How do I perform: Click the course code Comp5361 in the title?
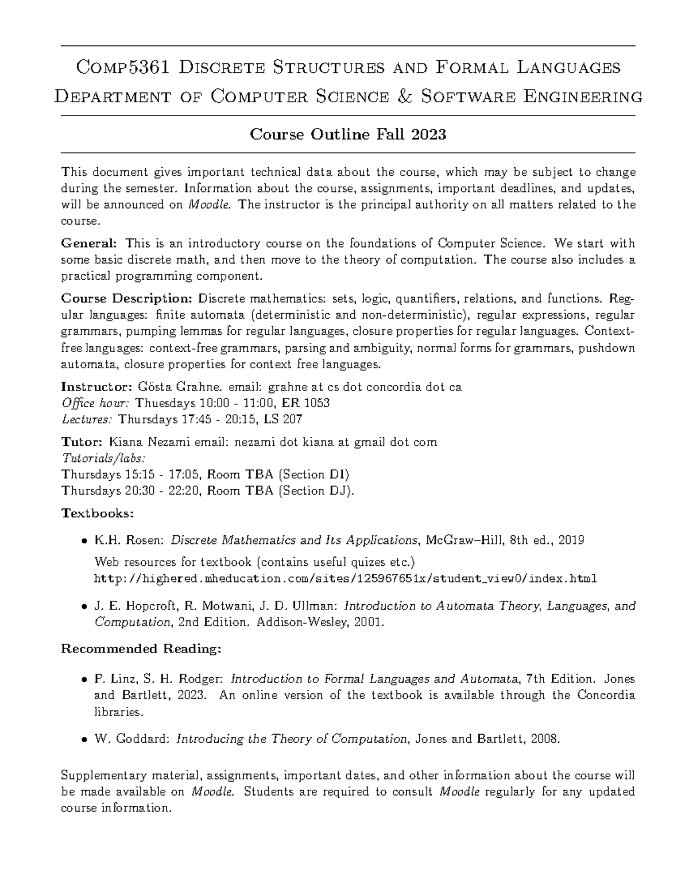(123, 68)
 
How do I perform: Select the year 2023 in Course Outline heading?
(429, 134)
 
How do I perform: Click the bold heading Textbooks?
(89, 512)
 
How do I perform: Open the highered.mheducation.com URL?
(345, 578)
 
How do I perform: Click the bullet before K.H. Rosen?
(84, 540)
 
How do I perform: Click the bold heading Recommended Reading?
(141, 649)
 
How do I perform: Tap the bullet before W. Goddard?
(84, 740)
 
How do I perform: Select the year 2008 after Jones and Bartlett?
(544, 739)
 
